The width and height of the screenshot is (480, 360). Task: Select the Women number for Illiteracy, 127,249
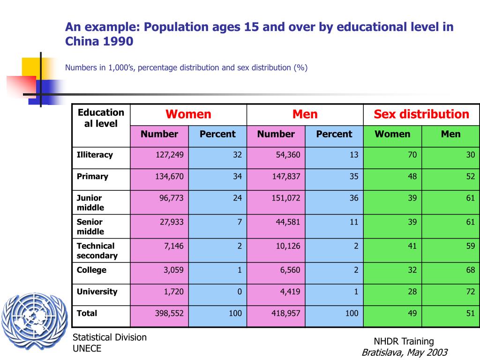pos(169,155)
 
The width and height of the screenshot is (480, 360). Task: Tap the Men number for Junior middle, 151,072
pos(286,198)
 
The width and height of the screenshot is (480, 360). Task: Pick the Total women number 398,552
pos(169,313)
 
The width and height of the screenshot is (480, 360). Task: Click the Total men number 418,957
pos(286,313)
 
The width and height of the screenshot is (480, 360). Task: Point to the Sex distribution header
pos(421,114)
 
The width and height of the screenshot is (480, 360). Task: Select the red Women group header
pos(188,114)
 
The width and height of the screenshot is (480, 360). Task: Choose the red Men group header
pos(305,114)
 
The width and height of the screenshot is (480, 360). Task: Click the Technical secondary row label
pos(97,251)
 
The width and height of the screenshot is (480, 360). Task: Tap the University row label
pos(97,292)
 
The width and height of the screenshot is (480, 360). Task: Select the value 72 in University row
pos(470,292)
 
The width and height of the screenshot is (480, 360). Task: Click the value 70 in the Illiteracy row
pos(412,155)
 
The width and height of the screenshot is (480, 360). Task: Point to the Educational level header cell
pos(101,118)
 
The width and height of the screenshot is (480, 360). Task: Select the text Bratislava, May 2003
pos(405,352)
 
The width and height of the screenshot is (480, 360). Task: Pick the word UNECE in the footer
pos(87,348)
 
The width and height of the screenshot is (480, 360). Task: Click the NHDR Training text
pos(404,341)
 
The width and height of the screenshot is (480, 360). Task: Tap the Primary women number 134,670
pos(169,176)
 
